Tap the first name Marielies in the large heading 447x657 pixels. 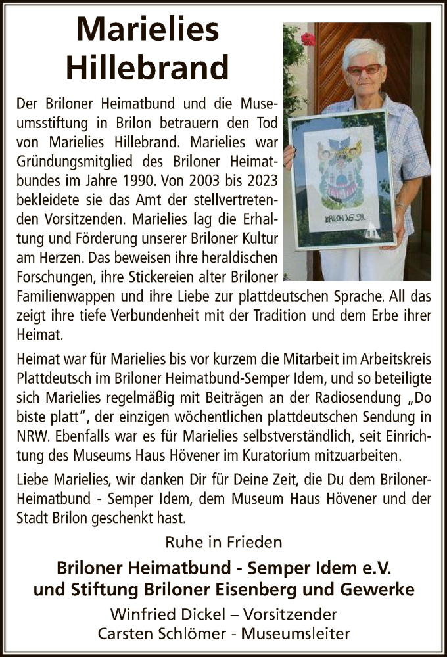coord(149,29)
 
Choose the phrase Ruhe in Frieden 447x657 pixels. coord(224,542)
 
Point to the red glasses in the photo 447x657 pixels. coord(363,68)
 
